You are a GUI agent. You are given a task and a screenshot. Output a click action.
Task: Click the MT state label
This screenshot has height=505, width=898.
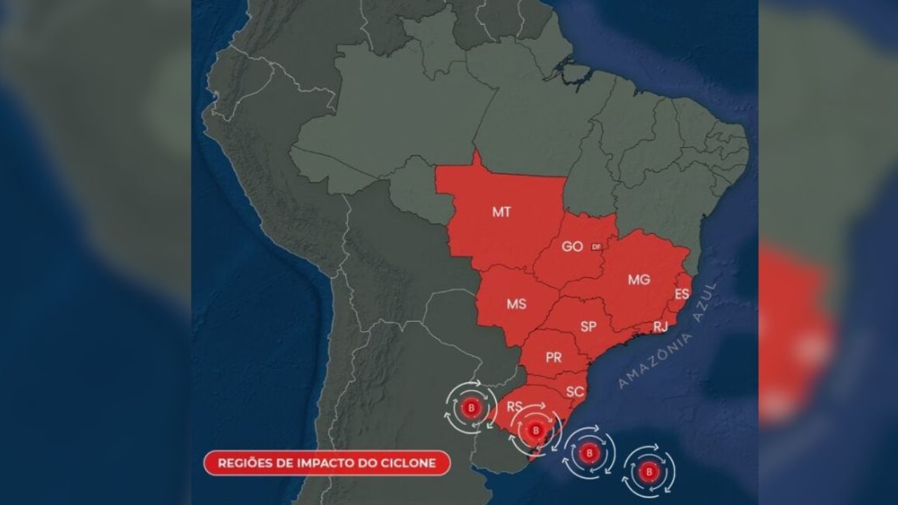tap(501, 212)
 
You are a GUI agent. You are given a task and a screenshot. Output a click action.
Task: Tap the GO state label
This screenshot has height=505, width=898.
tap(572, 247)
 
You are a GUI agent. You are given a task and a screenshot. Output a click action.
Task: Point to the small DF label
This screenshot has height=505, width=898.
tap(596, 247)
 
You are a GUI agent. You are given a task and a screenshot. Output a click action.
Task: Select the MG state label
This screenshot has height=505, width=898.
tap(638, 280)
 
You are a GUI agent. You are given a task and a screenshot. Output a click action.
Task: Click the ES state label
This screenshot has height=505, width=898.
tap(681, 295)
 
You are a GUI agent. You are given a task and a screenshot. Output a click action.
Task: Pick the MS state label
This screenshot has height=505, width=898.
tap(516, 304)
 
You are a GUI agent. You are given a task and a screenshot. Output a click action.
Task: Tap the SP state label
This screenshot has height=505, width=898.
tap(589, 326)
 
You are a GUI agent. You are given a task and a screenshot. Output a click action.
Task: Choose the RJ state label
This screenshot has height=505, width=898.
tap(660, 326)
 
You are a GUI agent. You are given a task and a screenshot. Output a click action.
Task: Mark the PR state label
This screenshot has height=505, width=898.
tap(554, 358)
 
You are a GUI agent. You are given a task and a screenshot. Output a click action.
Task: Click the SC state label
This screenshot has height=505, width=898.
tap(575, 392)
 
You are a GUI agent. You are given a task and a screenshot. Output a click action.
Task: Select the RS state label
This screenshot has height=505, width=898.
tap(514, 406)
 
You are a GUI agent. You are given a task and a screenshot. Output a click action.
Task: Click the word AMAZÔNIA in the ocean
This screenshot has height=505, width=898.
tap(655, 360)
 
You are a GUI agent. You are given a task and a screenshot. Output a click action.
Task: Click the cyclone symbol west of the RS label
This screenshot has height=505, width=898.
tap(471, 408)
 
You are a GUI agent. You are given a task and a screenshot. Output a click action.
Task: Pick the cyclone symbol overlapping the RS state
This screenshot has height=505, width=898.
tap(536, 429)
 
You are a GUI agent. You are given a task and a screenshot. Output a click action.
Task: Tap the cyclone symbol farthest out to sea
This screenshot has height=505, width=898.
tap(649, 471)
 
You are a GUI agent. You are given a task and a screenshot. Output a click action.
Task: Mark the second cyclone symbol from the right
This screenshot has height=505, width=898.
tap(589, 452)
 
